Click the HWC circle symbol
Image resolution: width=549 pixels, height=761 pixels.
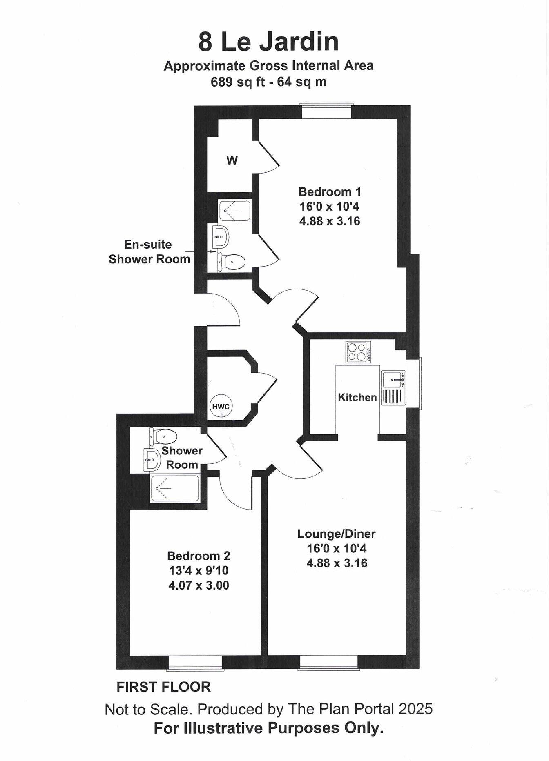(x=221, y=407)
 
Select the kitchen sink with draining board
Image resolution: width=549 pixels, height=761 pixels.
(x=393, y=388)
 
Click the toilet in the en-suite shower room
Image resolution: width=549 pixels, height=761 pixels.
(x=231, y=261)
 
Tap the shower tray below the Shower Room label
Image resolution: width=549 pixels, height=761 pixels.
(x=174, y=489)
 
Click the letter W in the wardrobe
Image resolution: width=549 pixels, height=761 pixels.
(x=232, y=161)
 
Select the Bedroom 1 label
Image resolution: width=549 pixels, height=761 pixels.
(x=330, y=191)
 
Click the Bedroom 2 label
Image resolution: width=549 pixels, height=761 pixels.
(x=199, y=556)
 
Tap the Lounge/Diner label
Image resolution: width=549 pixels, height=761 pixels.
(x=336, y=533)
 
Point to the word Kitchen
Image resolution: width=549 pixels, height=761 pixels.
(x=357, y=397)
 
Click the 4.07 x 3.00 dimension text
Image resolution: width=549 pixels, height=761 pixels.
(x=199, y=585)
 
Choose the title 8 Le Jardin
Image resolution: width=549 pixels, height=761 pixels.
(x=268, y=42)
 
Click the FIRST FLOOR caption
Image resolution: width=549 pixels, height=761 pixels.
(x=163, y=687)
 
